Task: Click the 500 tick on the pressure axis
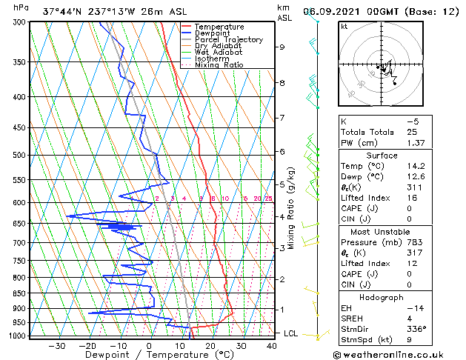pos(20,155)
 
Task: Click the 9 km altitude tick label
pos(282,47)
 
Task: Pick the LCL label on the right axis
pos(292,333)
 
